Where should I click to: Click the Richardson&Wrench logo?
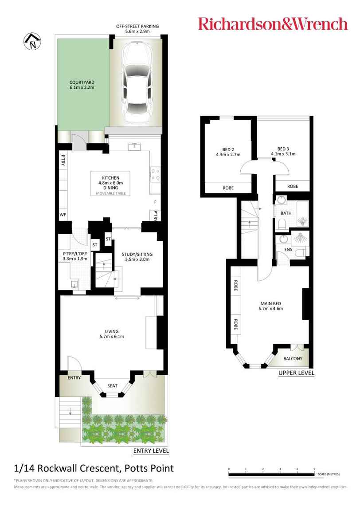[x=272, y=24]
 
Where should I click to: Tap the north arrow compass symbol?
[x=32, y=43]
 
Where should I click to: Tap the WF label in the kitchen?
[x=63, y=214]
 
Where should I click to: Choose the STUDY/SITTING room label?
[x=137, y=254]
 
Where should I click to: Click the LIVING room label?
[x=111, y=330]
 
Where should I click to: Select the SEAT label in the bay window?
[x=112, y=385]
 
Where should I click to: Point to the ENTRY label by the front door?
[x=74, y=378]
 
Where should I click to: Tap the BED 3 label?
[x=283, y=149]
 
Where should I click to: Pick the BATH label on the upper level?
[x=286, y=213]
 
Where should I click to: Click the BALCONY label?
[x=293, y=359]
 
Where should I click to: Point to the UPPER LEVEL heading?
[x=296, y=373]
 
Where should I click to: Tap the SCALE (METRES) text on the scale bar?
[x=329, y=474]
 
